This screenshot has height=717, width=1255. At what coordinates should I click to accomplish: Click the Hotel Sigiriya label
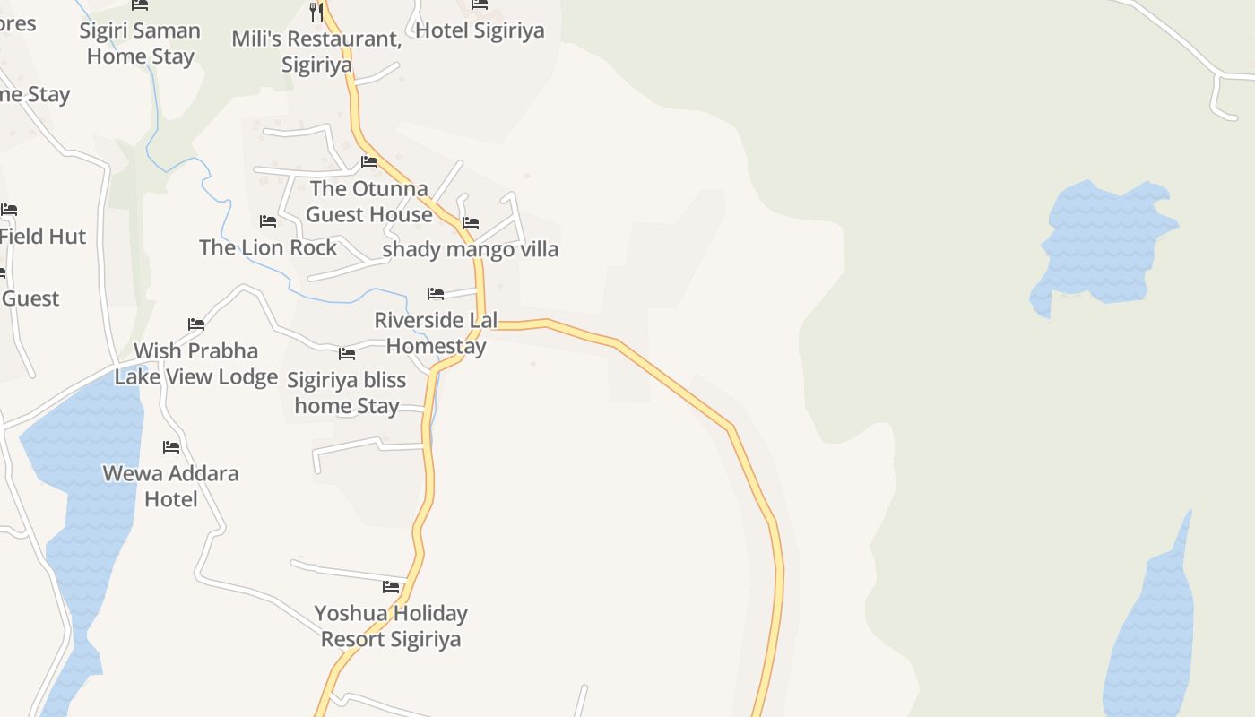point(480,30)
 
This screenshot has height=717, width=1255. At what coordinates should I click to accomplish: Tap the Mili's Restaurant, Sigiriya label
point(316,52)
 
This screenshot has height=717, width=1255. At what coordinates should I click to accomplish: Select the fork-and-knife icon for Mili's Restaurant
point(316,12)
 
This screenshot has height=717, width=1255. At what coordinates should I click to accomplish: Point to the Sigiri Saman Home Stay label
point(140,43)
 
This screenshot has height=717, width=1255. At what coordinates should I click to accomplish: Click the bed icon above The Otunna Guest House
point(369,162)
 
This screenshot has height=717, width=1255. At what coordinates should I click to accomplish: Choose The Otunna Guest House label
point(369,202)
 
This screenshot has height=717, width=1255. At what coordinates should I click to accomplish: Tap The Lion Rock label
point(268,247)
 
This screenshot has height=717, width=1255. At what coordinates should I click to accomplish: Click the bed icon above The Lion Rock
point(268,220)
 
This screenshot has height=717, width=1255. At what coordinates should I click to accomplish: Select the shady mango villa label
point(471,249)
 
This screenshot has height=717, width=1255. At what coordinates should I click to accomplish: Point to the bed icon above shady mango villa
point(471,222)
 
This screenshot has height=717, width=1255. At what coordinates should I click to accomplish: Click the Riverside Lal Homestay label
point(436,333)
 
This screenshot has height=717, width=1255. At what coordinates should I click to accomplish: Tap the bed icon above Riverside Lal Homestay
point(436,293)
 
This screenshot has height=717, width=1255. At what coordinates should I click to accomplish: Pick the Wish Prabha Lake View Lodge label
point(196,364)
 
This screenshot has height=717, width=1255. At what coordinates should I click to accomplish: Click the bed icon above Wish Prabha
point(196,324)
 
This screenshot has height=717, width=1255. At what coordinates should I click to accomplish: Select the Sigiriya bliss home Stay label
point(347,393)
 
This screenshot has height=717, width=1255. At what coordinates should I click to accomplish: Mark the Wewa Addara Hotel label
point(171,486)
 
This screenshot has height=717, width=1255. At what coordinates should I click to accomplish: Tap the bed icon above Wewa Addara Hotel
point(171,446)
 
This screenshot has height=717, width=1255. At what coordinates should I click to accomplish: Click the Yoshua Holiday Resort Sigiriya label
point(391,626)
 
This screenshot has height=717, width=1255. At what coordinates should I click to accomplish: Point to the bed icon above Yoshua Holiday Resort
point(391,587)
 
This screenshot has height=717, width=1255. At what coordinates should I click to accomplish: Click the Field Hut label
point(43,237)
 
